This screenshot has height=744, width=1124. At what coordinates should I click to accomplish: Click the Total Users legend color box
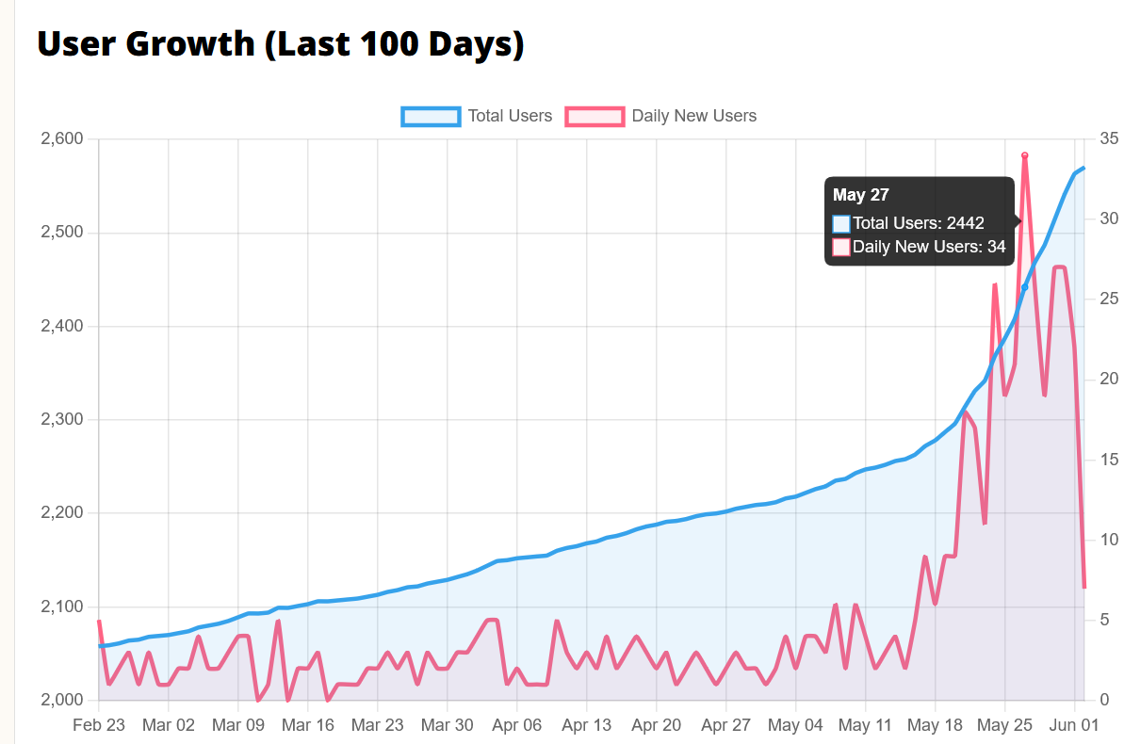pyautogui.click(x=431, y=116)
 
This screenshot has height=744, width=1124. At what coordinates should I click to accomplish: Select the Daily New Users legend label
pyautogui.click(x=693, y=116)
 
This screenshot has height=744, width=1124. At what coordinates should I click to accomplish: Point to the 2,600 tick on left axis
pyautogui.click(x=62, y=138)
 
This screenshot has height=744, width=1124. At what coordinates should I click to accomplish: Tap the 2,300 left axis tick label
pyautogui.click(x=62, y=419)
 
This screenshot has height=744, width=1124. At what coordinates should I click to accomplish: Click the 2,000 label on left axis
pyautogui.click(x=62, y=700)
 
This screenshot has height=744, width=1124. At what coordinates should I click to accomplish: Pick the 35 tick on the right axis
pyautogui.click(x=1109, y=138)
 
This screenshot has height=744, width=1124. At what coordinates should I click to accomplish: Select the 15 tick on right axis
pyautogui.click(x=1109, y=460)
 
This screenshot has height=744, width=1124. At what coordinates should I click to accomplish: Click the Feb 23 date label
pyautogui.click(x=99, y=725)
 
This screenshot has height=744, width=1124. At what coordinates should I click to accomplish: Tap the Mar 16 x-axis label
pyautogui.click(x=307, y=725)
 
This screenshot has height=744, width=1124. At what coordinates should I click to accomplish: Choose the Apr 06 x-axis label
pyautogui.click(x=517, y=725)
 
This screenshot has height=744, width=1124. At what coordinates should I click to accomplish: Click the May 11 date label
pyautogui.click(x=865, y=725)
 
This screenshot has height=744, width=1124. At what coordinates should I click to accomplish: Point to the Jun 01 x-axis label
pyautogui.click(x=1074, y=725)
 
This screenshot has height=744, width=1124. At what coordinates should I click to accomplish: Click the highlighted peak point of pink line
pyautogui.click(x=1024, y=155)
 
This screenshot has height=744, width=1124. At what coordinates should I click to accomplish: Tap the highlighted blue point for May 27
pyautogui.click(x=1024, y=287)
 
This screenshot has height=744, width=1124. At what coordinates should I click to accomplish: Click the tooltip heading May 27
pyautogui.click(x=861, y=195)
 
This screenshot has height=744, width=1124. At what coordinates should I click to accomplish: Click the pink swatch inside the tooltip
pyautogui.click(x=840, y=248)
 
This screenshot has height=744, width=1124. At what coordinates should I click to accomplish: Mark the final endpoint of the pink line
pyautogui.click(x=1084, y=587)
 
